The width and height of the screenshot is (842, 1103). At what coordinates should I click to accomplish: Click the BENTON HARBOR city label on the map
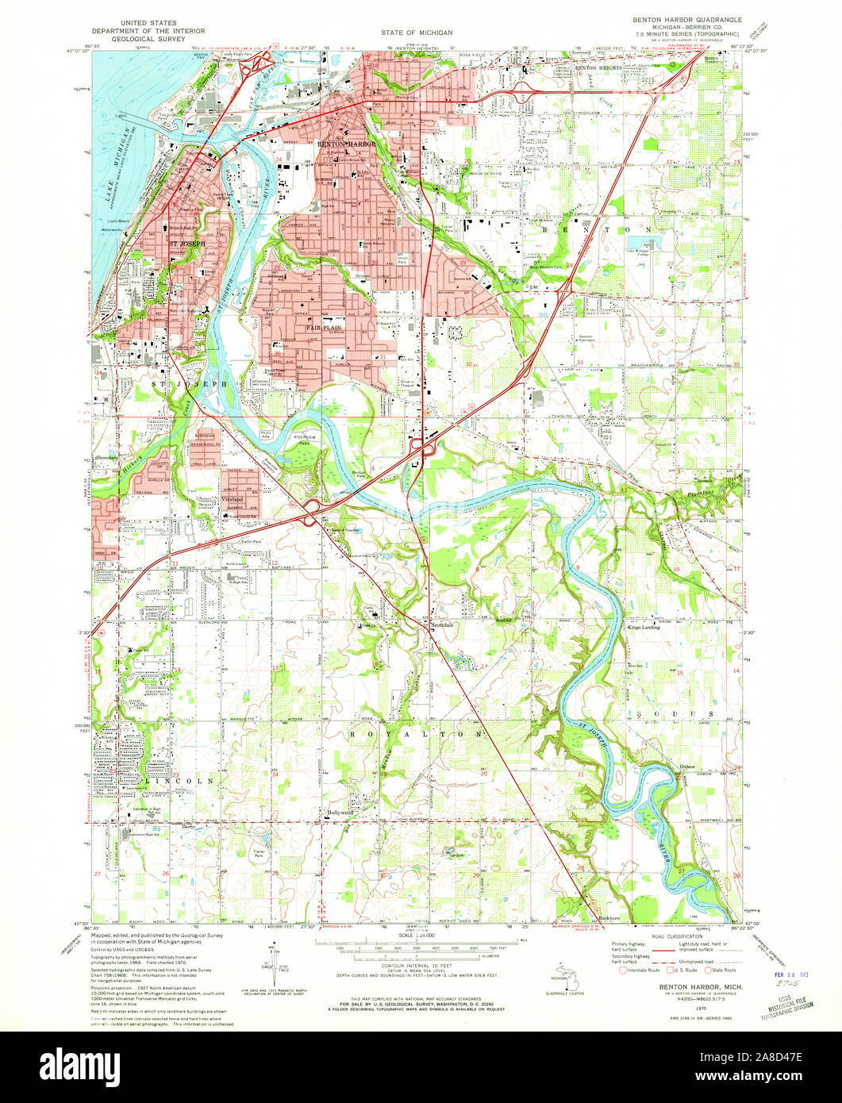[345, 144]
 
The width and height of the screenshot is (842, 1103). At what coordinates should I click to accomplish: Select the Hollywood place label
[340, 813]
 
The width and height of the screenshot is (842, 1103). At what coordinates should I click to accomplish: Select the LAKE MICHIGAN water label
[112, 186]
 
